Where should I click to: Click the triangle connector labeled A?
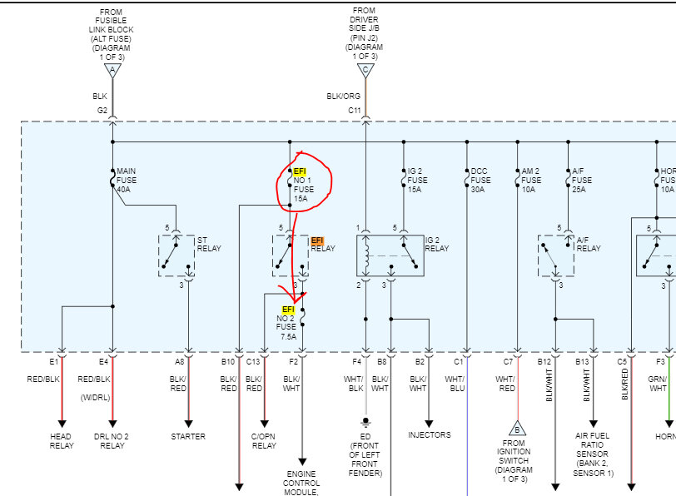pyautogui.click(x=112, y=70)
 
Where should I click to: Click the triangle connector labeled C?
pyautogui.click(x=365, y=70)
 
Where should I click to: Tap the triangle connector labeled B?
pyautogui.click(x=516, y=429)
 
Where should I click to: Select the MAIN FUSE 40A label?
pyautogui.click(x=127, y=180)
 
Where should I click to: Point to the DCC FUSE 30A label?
pyautogui.click(x=480, y=180)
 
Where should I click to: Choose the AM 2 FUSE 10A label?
pyautogui.click(x=530, y=180)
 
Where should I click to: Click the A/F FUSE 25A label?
pyautogui.click(x=581, y=180)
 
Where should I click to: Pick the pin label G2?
pyautogui.click(x=102, y=110)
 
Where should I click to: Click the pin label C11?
pyautogui.click(x=355, y=110)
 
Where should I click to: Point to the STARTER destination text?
pyautogui.click(x=188, y=436)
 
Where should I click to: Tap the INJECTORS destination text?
pyautogui.click(x=430, y=434)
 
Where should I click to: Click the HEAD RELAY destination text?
pyautogui.click(x=62, y=440)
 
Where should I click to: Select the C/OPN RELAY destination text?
pyautogui.click(x=265, y=440)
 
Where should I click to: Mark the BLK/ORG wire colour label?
pyautogui.click(x=344, y=97)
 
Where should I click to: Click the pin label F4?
pyautogui.click(x=356, y=361)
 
